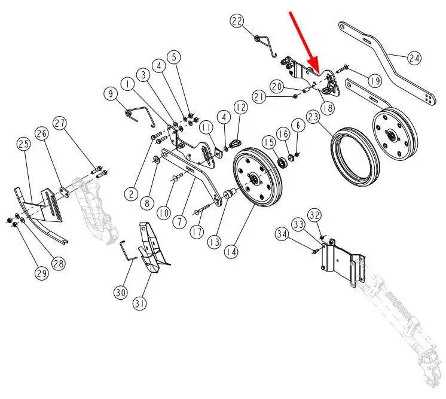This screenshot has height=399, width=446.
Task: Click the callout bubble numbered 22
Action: point(237,22)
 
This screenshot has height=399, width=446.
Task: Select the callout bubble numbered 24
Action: point(414,58)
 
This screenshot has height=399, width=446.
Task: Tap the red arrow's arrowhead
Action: point(314,65)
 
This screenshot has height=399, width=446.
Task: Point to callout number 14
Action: point(231,252)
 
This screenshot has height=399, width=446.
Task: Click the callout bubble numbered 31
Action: point(140,303)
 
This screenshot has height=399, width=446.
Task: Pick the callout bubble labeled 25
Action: point(23,144)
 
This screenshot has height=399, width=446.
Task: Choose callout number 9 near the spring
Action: point(111,93)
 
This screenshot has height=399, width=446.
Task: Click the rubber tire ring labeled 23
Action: point(355,157)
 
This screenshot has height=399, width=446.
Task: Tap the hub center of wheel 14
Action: point(253,179)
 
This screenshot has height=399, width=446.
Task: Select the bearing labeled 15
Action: point(282,163)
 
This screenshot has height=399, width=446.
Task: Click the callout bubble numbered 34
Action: point(282,234)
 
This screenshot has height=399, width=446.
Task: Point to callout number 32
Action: point(314,215)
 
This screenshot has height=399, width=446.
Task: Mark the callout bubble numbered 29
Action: point(42,273)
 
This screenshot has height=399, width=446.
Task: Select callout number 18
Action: point(328,108)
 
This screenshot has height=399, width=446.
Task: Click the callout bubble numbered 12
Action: point(240,107)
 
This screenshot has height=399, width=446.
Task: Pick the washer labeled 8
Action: point(157,159)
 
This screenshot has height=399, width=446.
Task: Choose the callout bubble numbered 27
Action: point(60,123)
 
